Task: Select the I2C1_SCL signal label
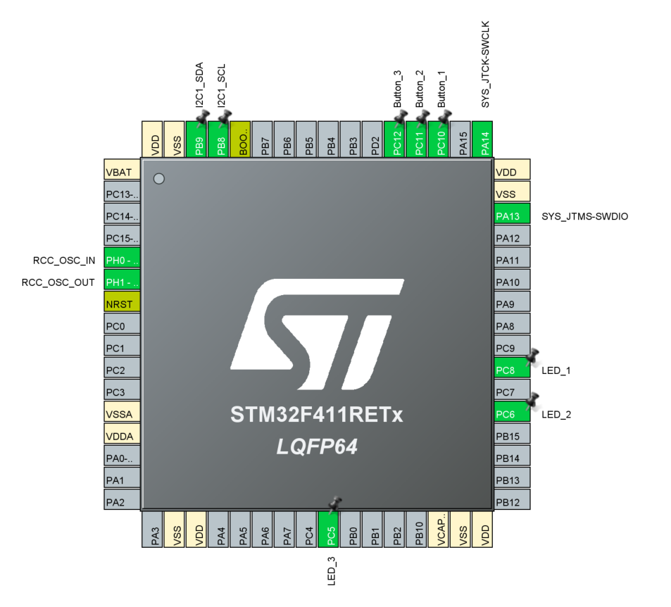[221, 87]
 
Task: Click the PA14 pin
[483, 139]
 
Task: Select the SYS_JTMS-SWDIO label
[584, 216]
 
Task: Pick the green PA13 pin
[512, 215]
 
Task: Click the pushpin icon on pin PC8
[532, 356]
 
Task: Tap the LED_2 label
[556, 414]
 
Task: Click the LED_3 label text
[332, 571]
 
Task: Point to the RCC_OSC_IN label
[63, 260]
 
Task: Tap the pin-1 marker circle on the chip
[159, 179]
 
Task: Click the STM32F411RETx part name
[316, 415]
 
